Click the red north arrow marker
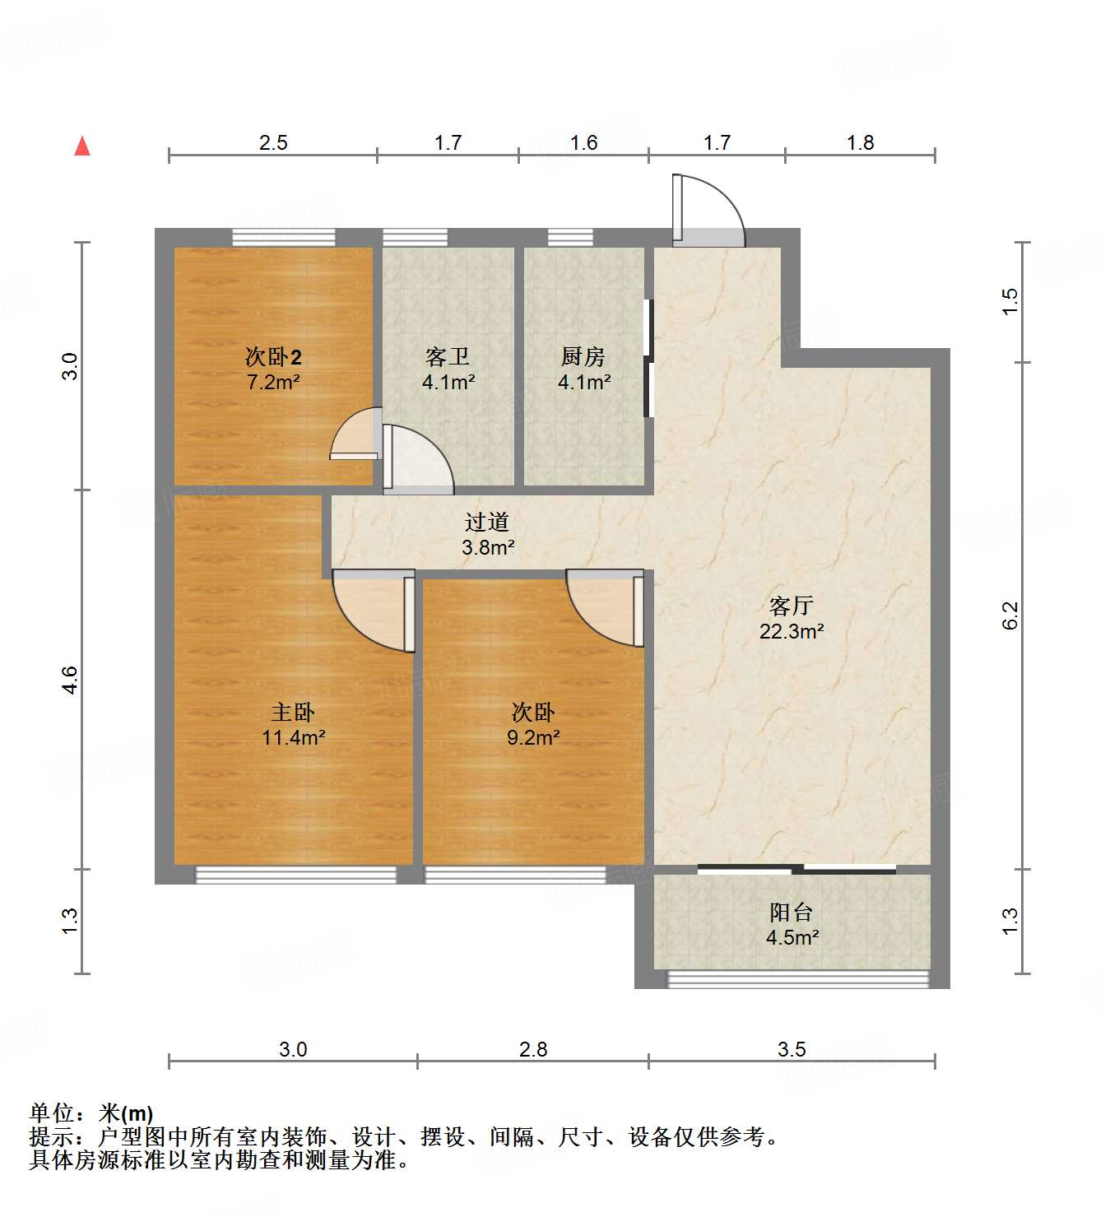coord(82,146)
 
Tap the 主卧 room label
coord(293,712)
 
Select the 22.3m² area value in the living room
coord(792,631)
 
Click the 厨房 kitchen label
coord(583,356)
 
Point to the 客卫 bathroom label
coord(448,356)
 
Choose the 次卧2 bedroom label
coord(273,356)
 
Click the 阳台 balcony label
coord(792,912)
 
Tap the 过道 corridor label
coord(487,522)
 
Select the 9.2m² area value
coord(533,737)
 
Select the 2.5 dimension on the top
coord(273,142)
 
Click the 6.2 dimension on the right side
coord(1010,615)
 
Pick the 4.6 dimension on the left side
coord(70,680)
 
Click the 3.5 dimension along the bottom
coord(792,1049)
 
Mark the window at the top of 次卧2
coord(284,237)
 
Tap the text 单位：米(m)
coord(91,1113)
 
